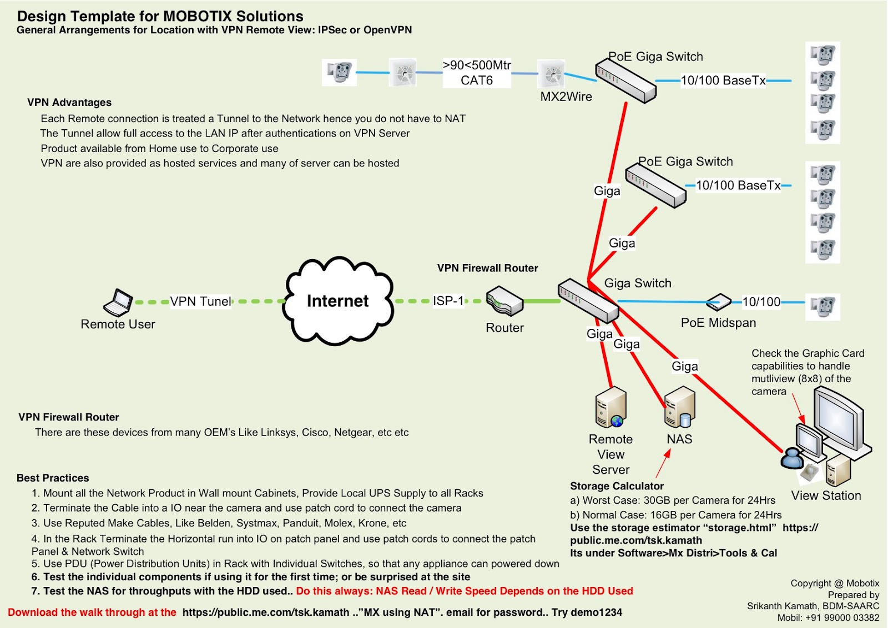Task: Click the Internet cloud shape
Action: pyautogui.click(x=338, y=301)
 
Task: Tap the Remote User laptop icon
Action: pyautogui.click(x=118, y=302)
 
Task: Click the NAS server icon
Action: pyautogui.click(x=680, y=408)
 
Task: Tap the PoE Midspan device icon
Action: pyautogui.click(x=719, y=302)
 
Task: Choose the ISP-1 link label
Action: pyautogui.click(x=448, y=301)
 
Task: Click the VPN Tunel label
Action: pyautogui.click(x=200, y=301)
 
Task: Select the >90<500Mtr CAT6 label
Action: pyautogui.click(x=477, y=73)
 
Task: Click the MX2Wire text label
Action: pyautogui.click(x=566, y=97)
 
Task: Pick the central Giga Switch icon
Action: pyautogui.click(x=588, y=300)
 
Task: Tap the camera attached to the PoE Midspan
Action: pyautogui.click(x=823, y=306)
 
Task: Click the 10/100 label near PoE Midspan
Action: pyautogui.click(x=761, y=302)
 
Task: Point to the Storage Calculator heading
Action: pyautogui.click(x=617, y=486)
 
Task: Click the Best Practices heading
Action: pyautogui.click(x=53, y=478)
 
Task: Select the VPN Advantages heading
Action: pyautogui.click(x=69, y=103)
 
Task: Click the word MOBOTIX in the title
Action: pyautogui.click(x=197, y=17)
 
